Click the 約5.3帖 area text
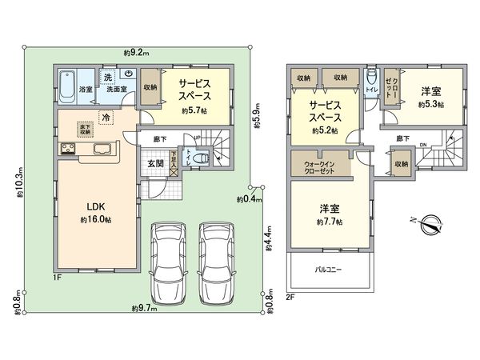point(431,104)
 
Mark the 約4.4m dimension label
point(270,236)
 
